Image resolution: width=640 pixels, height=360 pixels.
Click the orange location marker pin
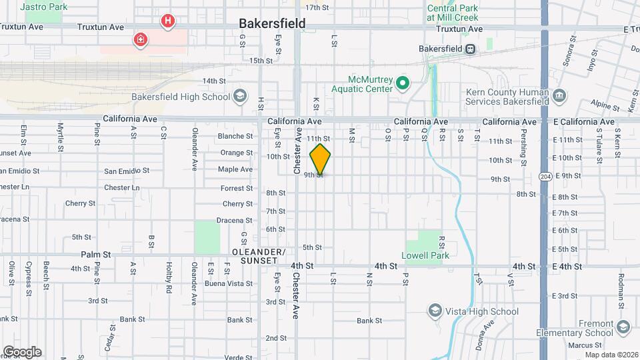coord(321,159)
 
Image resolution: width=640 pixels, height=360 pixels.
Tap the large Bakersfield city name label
coord(273,24)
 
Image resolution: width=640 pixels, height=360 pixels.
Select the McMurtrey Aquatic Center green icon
coord(402,83)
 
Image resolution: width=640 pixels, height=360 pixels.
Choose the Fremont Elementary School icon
coord(623,327)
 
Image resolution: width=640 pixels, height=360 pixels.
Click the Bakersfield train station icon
coord(471,48)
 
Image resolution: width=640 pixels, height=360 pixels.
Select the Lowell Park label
coord(425,255)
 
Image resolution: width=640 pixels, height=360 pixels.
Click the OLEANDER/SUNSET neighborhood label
coord(258,256)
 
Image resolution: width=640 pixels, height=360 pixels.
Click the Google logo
coord(21,352)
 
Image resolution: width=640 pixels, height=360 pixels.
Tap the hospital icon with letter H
coord(167,21)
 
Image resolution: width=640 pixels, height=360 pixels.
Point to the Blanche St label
coord(235,136)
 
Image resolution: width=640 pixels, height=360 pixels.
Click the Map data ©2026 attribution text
coord(611,355)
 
